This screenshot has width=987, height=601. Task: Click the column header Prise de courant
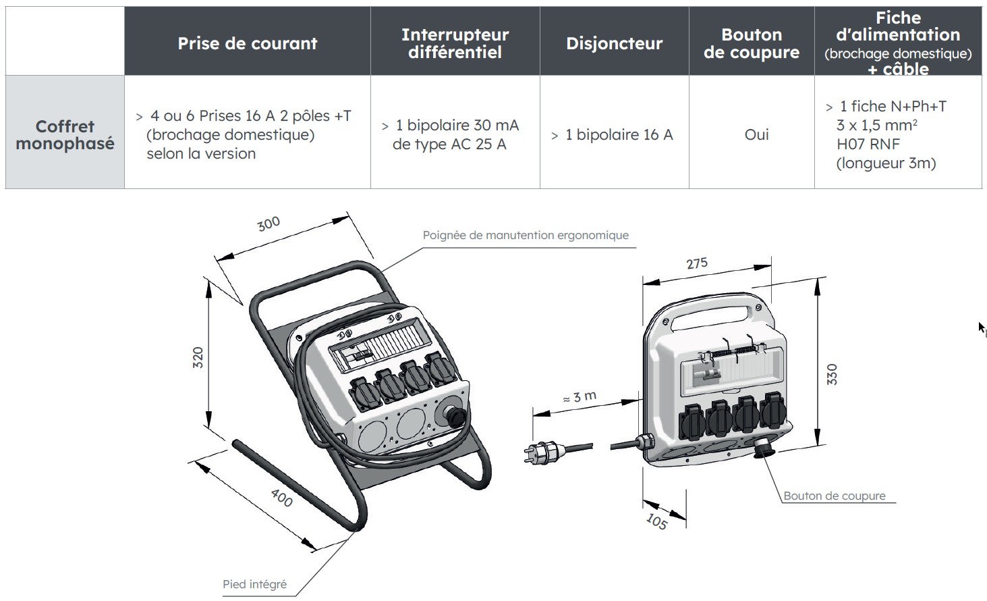click(x=247, y=43)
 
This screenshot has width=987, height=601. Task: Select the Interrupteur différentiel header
click(x=455, y=43)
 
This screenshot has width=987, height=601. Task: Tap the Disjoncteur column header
click(x=614, y=43)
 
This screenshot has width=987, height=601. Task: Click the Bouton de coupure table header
click(x=751, y=43)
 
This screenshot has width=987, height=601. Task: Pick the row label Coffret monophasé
click(x=65, y=134)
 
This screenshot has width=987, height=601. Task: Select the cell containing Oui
click(x=756, y=134)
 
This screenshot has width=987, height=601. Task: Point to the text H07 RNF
click(x=868, y=144)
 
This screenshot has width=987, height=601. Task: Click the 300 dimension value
click(x=269, y=224)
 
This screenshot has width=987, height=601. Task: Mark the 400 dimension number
click(x=281, y=498)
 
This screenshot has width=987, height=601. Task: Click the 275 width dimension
click(x=697, y=263)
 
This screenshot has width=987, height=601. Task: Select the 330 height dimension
click(x=832, y=374)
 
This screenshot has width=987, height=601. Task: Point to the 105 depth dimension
click(x=656, y=521)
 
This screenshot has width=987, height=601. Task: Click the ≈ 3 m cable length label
click(x=580, y=397)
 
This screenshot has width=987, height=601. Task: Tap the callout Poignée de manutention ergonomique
click(x=525, y=235)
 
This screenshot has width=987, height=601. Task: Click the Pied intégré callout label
click(x=254, y=584)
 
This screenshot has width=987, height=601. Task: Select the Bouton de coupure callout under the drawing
click(x=834, y=496)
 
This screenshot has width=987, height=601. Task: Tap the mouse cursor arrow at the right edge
click(x=982, y=328)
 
